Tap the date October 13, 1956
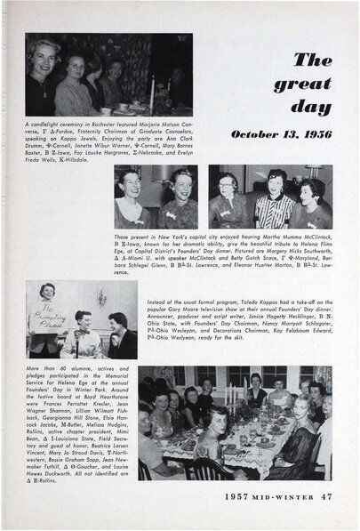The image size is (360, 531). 281,135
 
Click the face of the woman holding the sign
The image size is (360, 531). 47,293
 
